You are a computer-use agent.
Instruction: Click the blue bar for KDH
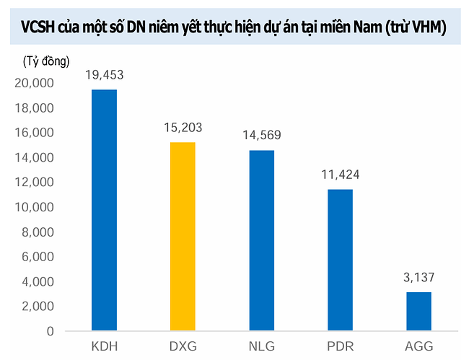[x=104, y=210]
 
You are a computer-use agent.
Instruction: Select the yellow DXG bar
[x=183, y=237]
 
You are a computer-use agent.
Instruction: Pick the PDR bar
[x=340, y=260]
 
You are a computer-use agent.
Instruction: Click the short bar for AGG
[x=418, y=311]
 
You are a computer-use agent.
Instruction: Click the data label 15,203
[x=183, y=128]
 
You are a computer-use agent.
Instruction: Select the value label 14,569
[x=261, y=136]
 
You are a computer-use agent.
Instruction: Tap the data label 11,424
[x=340, y=175]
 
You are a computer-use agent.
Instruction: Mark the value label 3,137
[x=418, y=278]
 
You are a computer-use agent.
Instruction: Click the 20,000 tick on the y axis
[x=34, y=84]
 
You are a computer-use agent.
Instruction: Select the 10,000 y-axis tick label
[x=34, y=208]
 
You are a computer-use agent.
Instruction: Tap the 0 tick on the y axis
[x=50, y=331]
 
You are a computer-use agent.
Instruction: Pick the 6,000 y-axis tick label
[x=37, y=257]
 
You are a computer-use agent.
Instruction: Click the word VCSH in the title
[x=45, y=28]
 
